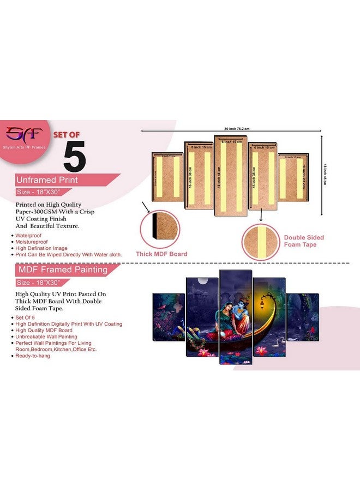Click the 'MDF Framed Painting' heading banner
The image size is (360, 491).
tap(60, 270)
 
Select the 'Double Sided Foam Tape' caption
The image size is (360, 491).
tap(304, 241)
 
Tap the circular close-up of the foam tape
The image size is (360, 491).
tap(261, 241)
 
